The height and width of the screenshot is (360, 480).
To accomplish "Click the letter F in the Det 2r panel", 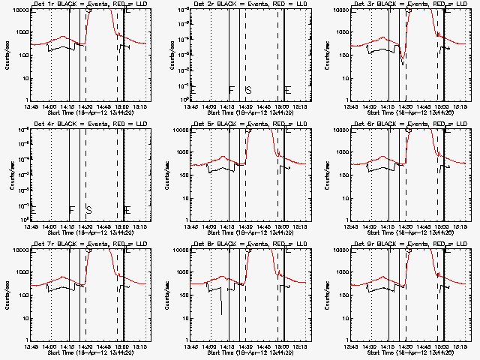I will (231, 91).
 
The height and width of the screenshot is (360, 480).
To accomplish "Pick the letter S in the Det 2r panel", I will (248, 91).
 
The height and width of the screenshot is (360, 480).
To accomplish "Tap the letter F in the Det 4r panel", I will (71, 211).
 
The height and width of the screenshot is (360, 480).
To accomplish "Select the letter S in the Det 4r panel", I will (88, 211).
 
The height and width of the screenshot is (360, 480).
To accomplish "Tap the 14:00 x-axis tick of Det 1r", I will (49, 107).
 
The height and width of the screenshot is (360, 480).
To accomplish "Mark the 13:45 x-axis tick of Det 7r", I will (31, 347).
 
